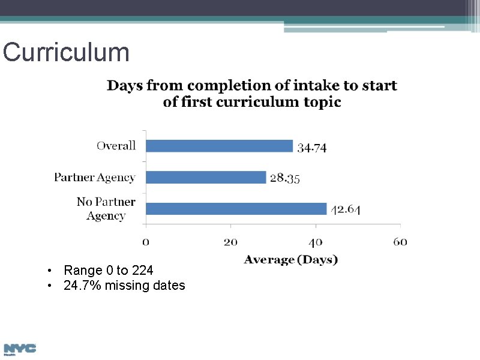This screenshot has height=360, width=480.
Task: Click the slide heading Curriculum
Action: point(66,53)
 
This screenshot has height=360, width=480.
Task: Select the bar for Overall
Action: point(219,146)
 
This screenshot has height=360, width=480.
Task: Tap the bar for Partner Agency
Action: point(206,177)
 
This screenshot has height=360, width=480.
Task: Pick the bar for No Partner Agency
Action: point(236,209)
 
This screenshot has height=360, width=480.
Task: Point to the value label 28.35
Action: point(285,178)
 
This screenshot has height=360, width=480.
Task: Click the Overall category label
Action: point(116,146)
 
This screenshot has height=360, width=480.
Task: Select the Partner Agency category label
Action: point(95,177)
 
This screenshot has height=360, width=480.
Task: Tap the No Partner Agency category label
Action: point(106,209)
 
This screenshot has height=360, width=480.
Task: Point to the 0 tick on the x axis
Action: point(146,242)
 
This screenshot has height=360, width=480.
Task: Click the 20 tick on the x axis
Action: point(231,242)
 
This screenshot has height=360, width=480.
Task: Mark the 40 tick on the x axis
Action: point(316,242)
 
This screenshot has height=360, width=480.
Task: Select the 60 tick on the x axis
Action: point(400,242)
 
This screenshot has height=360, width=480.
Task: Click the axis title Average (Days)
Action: point(291,260)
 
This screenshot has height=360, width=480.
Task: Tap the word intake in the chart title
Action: point(305,86)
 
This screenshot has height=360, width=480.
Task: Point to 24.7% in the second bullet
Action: point(82,286)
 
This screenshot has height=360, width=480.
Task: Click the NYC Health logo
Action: point(20,349)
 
